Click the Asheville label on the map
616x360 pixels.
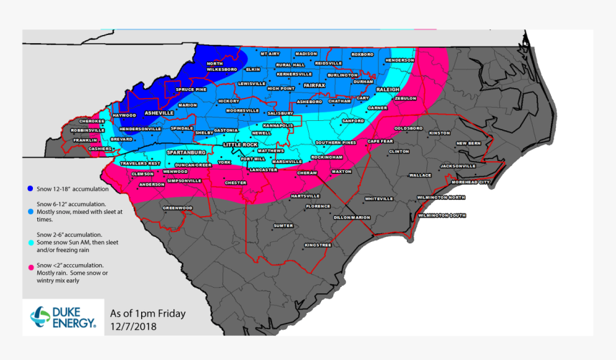coord(159,113)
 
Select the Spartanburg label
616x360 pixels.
coord(186,153)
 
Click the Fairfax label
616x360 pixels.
coord(314,86)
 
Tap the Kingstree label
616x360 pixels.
coord(317,245)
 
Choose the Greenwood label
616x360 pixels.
coord(178,208)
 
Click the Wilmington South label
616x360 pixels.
coord(442,215)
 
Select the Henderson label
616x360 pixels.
coord(399,60)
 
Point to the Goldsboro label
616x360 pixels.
coord(408,128)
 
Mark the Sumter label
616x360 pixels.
coord(284,225)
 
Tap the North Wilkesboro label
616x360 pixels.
coord(221,67)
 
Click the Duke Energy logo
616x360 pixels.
coord(63,317)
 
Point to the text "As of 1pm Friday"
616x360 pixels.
coord(148,313)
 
